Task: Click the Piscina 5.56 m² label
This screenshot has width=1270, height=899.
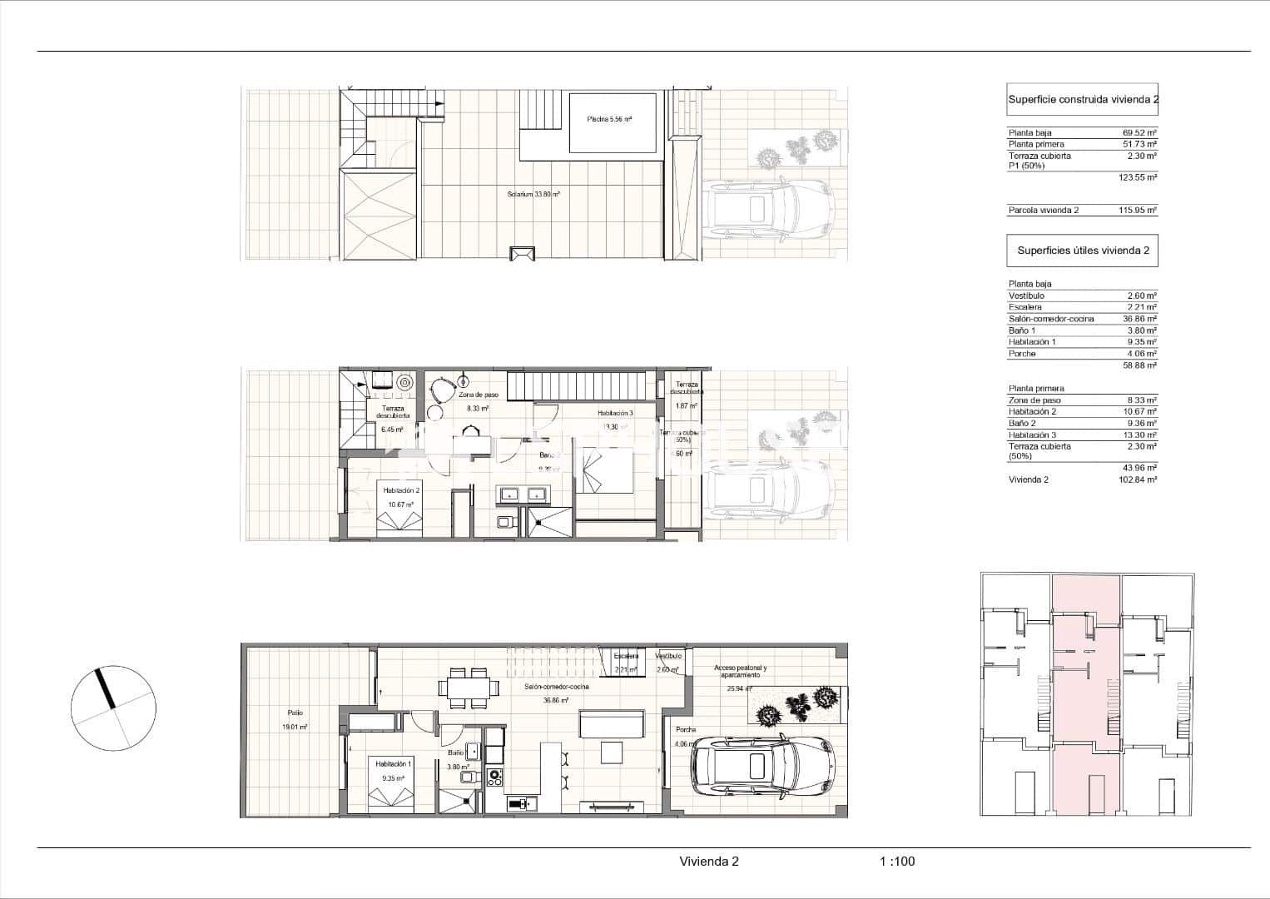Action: click(x=609, y=119)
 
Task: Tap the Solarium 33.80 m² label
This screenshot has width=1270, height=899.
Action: click(x=533, y=194)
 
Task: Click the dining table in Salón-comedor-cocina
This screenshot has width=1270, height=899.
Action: click(x=469, y=687)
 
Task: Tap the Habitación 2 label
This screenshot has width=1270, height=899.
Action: click(x=401, y=491)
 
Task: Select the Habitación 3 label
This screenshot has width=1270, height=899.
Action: click(x=615, y=413)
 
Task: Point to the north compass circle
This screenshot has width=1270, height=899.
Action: click(x=113, y=708)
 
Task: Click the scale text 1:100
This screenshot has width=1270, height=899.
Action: click(x=896, y=862)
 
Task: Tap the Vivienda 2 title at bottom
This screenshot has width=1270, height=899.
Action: click(x=708, y=862)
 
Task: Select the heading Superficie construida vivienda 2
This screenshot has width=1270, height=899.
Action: click(x=1083, y=99)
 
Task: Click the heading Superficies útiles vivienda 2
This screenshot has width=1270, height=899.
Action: click(x=1083, y=250)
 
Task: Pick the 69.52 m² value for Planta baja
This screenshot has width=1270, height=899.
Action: click(x=1139, y=133)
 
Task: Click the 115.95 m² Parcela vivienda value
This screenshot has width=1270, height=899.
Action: click(x=1137, y=211)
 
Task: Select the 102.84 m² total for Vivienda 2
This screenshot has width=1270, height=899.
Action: click(x=1137, y=479)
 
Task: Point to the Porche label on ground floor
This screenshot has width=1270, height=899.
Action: click(x=686, y=729)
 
